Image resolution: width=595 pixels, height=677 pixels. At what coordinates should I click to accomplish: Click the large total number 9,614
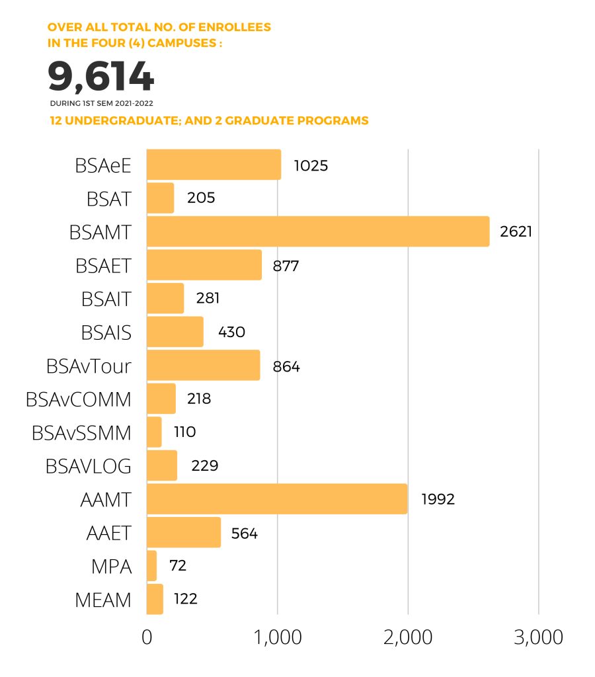pyautogui.click(x=101, y=77)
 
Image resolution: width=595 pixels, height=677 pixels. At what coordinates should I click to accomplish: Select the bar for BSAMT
pyautogui.click(x=317, y=231)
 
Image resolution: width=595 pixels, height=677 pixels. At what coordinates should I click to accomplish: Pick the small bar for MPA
pyautogui.click(x=151, y=565)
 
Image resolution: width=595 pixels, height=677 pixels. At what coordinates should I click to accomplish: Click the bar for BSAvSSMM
pyautogui.click(x=154, y=432)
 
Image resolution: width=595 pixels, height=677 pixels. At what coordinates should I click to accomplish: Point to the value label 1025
pyautogui.click(x=311, y=165)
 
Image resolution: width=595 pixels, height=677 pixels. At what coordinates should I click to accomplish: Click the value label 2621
pyautogui.click(x=516, y=231)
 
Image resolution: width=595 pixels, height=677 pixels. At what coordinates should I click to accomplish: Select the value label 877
pyautogui.click(x=286, y=266)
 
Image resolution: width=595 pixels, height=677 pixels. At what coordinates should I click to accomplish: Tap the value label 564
pyautogui.click(x=245, y=533)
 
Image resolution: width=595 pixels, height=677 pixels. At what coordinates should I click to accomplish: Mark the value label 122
pyautogui.click(x=186, y=599)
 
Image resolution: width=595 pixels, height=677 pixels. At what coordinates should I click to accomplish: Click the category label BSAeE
pyautogui.click(x=103, y=166)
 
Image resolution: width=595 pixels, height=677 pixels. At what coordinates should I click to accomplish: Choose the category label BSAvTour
pyautogui.click(x=89, y=366)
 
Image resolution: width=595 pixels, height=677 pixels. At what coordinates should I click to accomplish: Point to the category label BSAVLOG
pyautogui.click(x=88, y=466)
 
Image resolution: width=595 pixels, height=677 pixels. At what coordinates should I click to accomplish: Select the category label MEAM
pyautogui.click(x=102, y=600)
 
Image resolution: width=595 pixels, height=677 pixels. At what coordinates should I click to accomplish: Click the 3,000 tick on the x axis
pyautogui.click(x=538, y=637)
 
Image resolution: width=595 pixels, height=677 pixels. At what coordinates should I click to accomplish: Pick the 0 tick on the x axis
pyautogui.click(x=147, y=637)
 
